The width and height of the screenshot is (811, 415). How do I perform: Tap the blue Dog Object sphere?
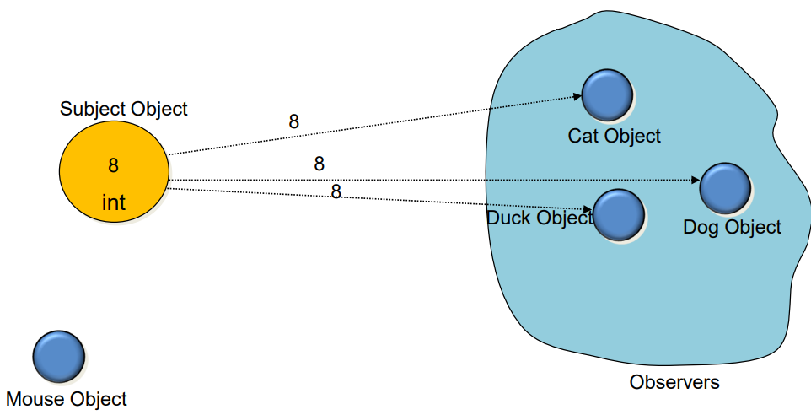(x=725, y=188)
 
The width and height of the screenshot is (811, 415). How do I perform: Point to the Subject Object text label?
(x=124, y=109)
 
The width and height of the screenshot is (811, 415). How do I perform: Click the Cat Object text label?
(x=614, y=136)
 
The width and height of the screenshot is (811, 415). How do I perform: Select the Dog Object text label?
(x=732, y=227)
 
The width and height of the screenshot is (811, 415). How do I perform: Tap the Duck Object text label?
(x=540, y=218)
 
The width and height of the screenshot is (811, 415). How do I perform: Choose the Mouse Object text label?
(x=67, y=399)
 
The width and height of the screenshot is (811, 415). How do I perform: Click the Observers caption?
(x=674, y=382)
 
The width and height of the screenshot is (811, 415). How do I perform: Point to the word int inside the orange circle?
(x=114, y=202)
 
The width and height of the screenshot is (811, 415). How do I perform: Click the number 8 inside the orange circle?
(x=114, y=165)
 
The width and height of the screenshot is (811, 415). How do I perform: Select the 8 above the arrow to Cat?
(x=294, y=121)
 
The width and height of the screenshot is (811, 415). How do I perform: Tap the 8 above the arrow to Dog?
(x=319, y=164)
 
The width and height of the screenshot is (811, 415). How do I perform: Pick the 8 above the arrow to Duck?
(x=336, y=192)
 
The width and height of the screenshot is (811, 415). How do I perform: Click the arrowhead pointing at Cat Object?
(x=577, y=96)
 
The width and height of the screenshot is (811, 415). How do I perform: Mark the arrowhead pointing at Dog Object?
(x=696, y=180)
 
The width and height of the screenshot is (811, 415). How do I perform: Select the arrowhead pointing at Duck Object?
(x=589, y=209)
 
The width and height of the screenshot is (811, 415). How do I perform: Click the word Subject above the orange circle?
(x=93, y=109)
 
